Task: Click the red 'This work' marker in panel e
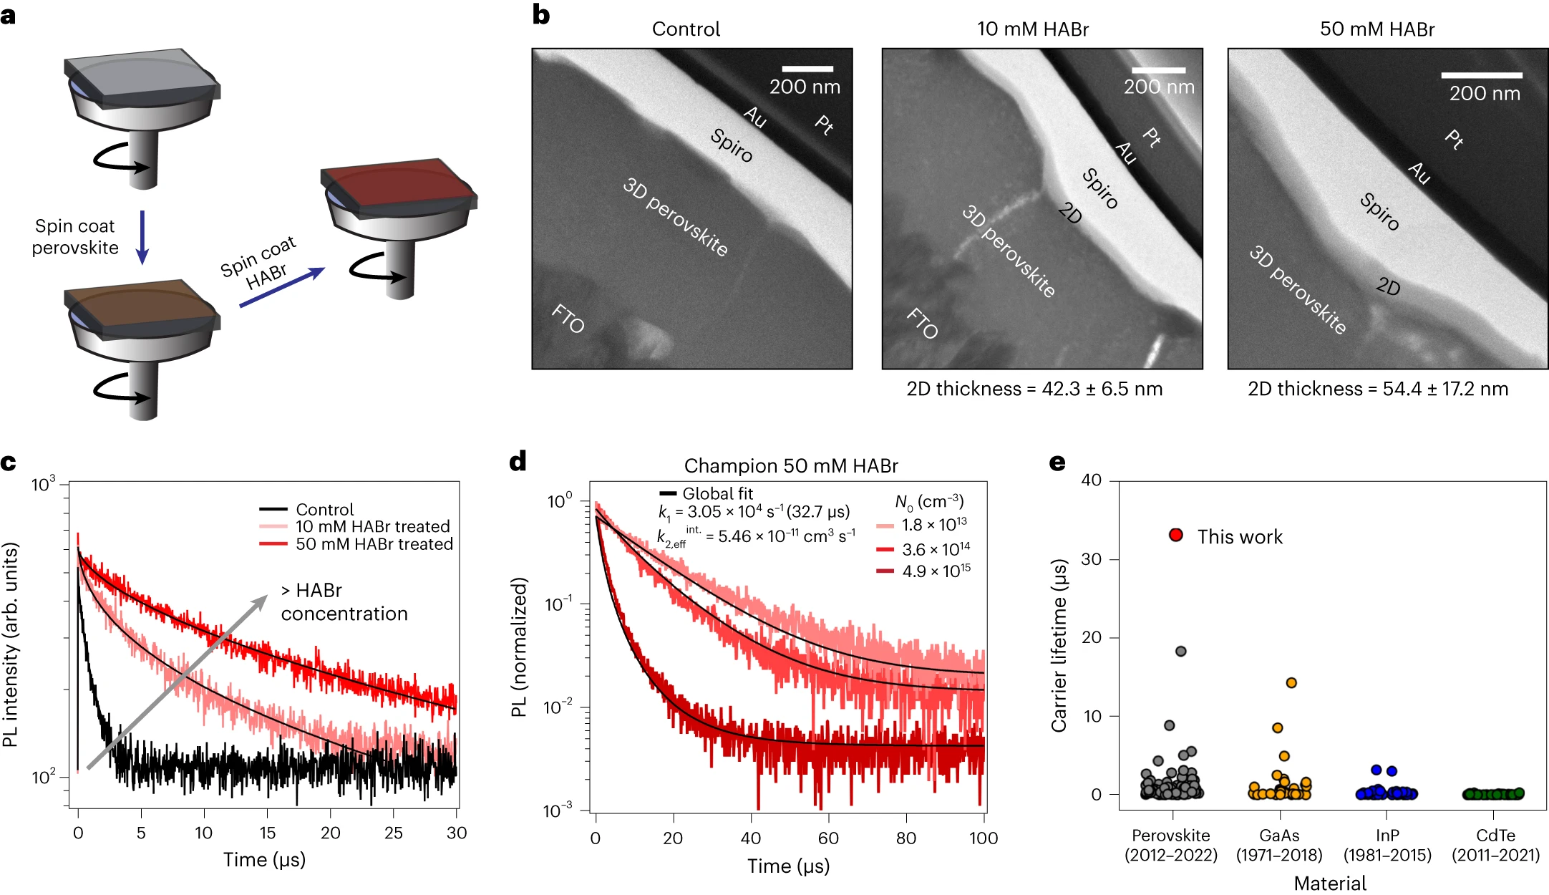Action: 1175,535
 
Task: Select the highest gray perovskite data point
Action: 1181,651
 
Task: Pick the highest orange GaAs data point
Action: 1291,682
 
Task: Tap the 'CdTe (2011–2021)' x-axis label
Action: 1495,845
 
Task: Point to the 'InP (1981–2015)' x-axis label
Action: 1387,845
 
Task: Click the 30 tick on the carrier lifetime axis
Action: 1091,558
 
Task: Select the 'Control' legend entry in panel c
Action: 324,509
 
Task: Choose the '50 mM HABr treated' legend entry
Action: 374,544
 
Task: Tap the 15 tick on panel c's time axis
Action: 267,833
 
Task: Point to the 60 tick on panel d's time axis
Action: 828,838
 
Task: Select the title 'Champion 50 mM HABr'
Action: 791,466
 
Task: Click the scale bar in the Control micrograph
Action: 807,69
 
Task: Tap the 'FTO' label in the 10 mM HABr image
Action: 922,323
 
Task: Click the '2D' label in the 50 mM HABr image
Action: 1388,286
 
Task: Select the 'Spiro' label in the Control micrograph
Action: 731,145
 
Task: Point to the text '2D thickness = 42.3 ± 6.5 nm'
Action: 1034,389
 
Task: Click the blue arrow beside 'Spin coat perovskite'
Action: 142,236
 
